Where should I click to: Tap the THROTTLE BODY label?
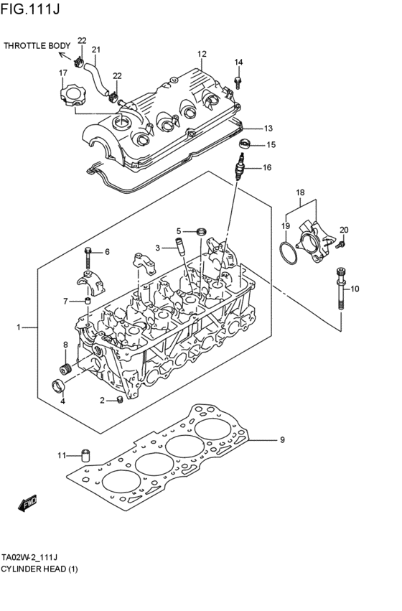tap(37, 46)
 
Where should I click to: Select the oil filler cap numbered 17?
tap(74, 95)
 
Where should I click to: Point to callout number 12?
tap(202, 54)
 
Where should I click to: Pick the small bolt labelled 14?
tap(238, 85)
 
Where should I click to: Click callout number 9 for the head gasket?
tap(282, 439)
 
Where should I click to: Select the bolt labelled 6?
tap(88, 255)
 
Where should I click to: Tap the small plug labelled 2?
tap(118, 400)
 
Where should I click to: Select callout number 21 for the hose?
tap(95, 50)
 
